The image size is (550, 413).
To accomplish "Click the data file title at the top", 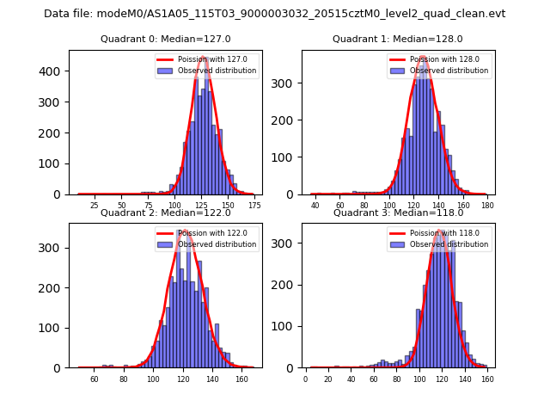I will (275, 14).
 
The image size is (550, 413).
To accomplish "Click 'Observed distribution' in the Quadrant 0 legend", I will (217, 71).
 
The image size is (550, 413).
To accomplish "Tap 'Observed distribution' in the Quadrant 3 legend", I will (449, 244).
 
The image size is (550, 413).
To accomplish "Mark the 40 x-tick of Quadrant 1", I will (315, 206).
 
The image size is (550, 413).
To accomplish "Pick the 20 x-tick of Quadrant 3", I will (328, 379).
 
